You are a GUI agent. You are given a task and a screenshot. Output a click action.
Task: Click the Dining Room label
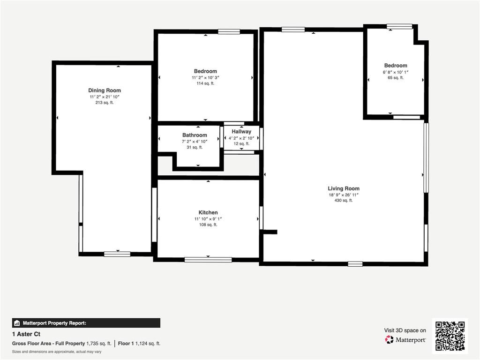coord(105,90)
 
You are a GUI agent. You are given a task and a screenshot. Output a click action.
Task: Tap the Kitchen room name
coord(208,212)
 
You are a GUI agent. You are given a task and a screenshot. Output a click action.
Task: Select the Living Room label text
coord(344,188)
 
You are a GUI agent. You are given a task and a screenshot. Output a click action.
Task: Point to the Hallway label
coord(241,132)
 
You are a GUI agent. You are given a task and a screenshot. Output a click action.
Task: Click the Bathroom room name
coord(195,135)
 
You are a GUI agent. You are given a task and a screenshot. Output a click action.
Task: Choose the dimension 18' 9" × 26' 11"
coord(344,195)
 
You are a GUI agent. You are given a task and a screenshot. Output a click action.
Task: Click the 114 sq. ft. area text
coord(205,83)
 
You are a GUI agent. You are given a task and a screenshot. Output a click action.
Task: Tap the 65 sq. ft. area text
coord(396,78)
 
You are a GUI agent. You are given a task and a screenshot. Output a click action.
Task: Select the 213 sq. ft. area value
coord(105,102)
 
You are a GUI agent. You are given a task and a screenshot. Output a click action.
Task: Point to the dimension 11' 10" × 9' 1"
coord(208,218)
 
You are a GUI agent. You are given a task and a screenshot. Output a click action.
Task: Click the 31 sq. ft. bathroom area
coord(195,147)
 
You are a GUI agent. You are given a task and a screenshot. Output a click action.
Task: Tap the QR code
coord(450,336)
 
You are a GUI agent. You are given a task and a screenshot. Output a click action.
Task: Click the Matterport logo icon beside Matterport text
coord(389,339)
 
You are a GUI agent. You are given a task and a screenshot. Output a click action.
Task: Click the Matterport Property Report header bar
coord(86,323)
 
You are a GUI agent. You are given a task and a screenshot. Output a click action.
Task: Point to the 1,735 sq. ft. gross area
coord(99,344)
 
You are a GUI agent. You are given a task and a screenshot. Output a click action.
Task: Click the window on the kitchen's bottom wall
coord(208,259)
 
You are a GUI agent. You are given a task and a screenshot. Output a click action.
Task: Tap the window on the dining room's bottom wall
coord(117,254)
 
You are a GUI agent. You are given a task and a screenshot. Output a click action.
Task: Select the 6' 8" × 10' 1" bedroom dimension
coord(396,72)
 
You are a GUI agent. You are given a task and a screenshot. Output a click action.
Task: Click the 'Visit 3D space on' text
coord(405,330)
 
